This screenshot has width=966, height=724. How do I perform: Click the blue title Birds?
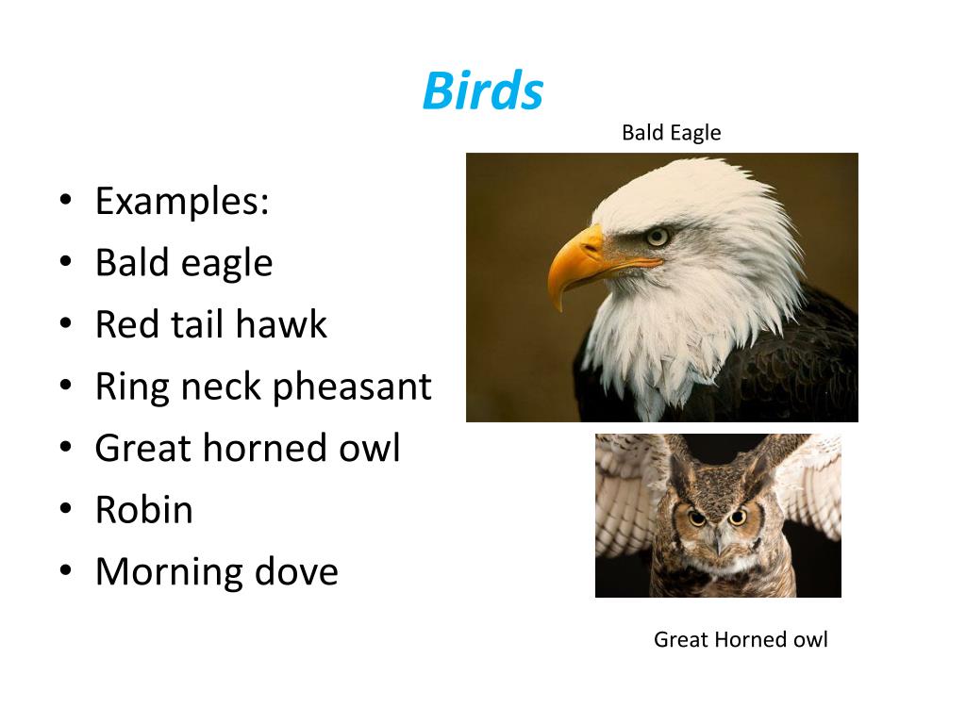click(x=482, y=90)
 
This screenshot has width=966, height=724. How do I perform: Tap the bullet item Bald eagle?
click(x=184, y=263)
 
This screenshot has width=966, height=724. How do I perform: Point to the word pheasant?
click(x=352, y=387)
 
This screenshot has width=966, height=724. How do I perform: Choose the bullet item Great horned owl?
click(x=248, y=448)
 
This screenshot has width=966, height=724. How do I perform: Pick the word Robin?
click(x=144, y=510)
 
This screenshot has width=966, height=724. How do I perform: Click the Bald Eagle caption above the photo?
click(x=671, y=133)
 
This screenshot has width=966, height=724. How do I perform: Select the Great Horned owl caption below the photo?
click(x=741, y=640)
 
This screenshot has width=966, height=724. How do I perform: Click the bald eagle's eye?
click(x=658, y=237)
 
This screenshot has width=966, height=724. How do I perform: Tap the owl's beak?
click(x=718, y=544)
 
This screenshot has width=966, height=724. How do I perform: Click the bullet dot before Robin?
click(x=66, y=509)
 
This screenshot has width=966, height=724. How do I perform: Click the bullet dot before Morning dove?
click(x=66, y=570)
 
